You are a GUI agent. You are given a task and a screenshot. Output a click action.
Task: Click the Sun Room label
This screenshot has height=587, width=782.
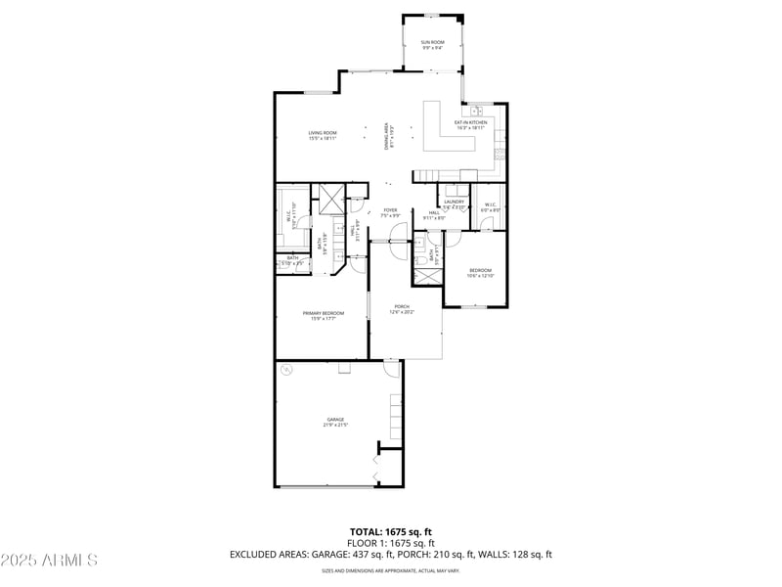point(432,44)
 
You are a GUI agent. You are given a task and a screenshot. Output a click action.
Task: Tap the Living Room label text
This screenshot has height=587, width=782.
point(323,136)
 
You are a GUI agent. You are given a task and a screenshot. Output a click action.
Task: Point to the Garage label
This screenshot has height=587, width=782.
point(335,422)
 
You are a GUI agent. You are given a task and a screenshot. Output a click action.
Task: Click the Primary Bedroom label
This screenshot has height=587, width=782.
point(323,315)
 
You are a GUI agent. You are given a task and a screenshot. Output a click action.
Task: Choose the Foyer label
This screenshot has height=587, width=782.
point(390,212)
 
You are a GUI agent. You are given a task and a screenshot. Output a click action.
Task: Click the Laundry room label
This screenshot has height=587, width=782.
point(454,203)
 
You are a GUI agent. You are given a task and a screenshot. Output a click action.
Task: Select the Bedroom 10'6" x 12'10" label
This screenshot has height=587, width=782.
point(480,273)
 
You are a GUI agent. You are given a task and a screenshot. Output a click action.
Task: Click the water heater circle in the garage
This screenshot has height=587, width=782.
point(287,371)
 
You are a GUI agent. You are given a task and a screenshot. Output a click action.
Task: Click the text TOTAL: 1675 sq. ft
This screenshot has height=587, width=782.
point(390,531)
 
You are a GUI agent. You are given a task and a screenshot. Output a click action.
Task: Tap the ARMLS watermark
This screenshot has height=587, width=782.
point(49,561)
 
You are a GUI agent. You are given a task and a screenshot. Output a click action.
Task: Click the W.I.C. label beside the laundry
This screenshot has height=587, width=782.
point(491,207)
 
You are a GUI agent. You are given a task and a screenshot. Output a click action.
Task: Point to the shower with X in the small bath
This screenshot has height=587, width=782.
point(428,275)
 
